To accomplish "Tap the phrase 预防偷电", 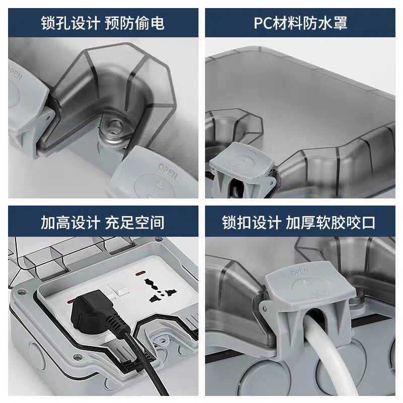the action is [x=135, y=23].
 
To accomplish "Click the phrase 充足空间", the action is [x=135, y=222].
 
